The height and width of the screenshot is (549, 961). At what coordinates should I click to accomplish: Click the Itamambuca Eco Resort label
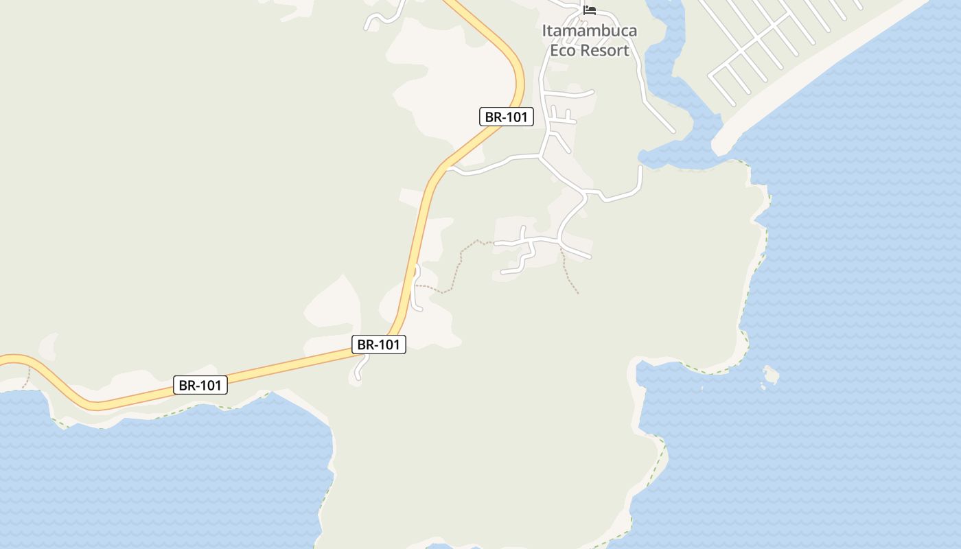pos(589,40)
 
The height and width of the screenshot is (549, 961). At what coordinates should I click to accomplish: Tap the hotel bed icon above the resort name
pos(589,10)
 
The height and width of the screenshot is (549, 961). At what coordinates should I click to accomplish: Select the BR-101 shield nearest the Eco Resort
pos(507,117)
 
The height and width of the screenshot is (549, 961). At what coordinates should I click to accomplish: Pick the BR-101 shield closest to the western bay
pos(200,385)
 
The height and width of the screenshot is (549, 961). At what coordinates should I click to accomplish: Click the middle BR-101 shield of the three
pos(379,344)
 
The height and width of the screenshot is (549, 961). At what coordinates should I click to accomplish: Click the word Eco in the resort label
pos(564,50)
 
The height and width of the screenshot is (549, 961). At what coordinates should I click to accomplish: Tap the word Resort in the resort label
pos(605,50)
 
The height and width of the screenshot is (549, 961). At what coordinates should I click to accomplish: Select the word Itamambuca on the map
pos(589,31)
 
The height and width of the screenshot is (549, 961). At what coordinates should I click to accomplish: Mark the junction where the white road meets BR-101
pos(448,167)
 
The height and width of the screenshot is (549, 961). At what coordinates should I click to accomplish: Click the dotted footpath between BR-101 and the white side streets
pos(459,261)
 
